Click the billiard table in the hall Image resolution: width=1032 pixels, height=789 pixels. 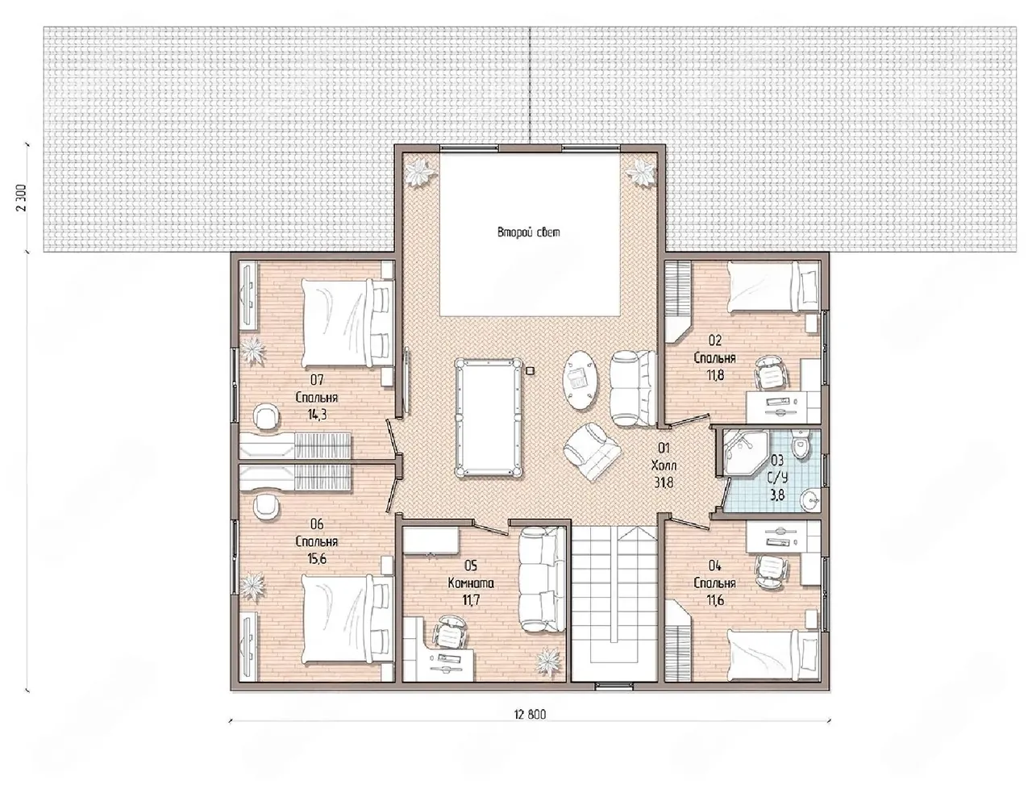click(489, 418)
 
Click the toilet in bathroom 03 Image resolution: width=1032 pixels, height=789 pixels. click(798, 443)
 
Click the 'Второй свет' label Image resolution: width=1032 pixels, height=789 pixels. click(528, 232)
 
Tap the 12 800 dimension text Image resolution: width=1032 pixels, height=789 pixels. click(530, 715)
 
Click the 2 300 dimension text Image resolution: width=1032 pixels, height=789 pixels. click(23, 197)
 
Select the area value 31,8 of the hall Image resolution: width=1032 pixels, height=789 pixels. click(664, 482)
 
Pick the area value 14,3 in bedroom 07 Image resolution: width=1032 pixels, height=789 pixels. click(317, 415)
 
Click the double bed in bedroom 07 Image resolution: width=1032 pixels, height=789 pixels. click(347, 323)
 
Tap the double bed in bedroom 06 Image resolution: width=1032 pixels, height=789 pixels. click(347, 620)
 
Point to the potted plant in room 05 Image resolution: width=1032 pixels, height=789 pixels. click(548, 660)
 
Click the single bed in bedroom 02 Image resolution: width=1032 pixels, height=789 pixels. click(773, 287)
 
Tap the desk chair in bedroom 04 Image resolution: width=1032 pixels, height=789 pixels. click(771, 570)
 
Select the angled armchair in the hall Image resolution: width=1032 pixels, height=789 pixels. click(592, 450)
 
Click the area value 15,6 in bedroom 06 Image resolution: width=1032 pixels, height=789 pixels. click(317, 558)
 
